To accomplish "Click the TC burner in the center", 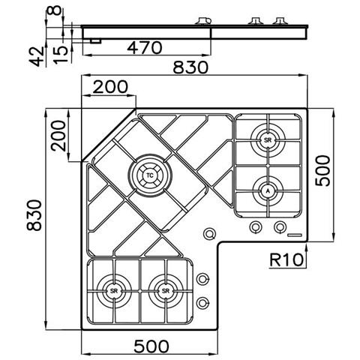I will (149, 175).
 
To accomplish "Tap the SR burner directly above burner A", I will (267, 139).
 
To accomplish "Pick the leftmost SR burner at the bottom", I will (114, 289).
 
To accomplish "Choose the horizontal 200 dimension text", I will (109, 88).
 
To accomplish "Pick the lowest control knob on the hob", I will (202, 303).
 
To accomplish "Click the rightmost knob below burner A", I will (280, 227).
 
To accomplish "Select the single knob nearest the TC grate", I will (208, 234).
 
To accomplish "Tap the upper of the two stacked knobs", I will (202, 280).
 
